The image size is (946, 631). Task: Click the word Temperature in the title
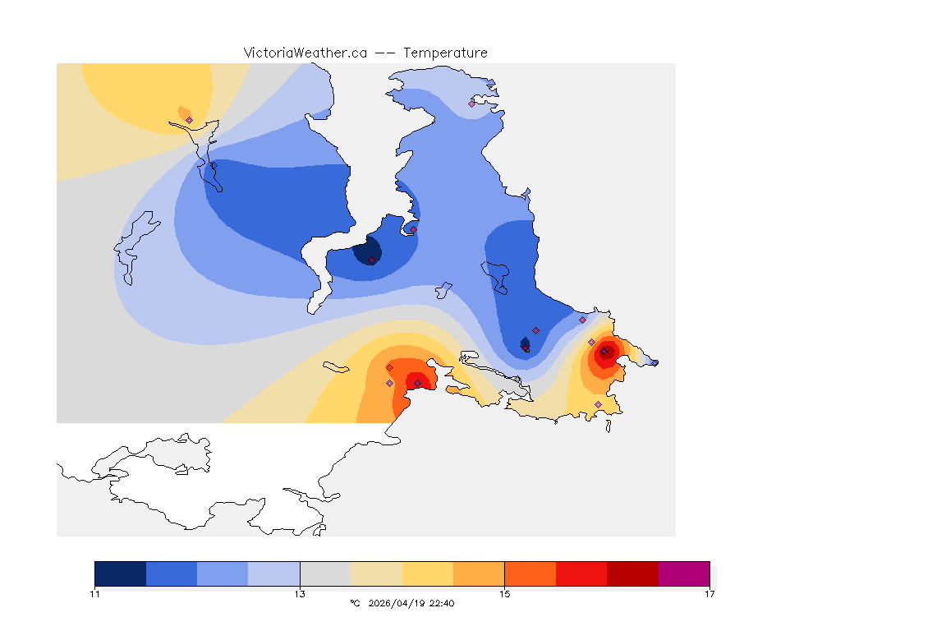pos(445,53)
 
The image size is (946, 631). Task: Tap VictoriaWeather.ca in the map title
pos(305,53)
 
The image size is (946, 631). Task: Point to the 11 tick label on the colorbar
pos(95,594)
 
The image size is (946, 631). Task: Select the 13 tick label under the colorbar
pos(300,594)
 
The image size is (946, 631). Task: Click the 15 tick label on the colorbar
pos(505,594)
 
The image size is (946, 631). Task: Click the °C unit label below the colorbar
pos(355,603)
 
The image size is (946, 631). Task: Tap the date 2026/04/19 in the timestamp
pos(399,603)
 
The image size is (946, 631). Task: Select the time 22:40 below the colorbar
pos(443,603)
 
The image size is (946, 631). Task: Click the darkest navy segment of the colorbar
pos(121,573)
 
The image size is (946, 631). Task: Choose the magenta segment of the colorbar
pos(684,573)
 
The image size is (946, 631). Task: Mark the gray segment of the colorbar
pos(325,573)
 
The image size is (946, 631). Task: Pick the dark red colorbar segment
pos(632,573)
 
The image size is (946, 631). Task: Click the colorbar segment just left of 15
pos(479,573)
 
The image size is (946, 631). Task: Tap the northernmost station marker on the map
pos(472,104)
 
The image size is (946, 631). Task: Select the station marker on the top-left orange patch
pos(189,120)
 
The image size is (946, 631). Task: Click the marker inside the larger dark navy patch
pos(372,260)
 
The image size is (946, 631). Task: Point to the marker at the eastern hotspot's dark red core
pos(604,352)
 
